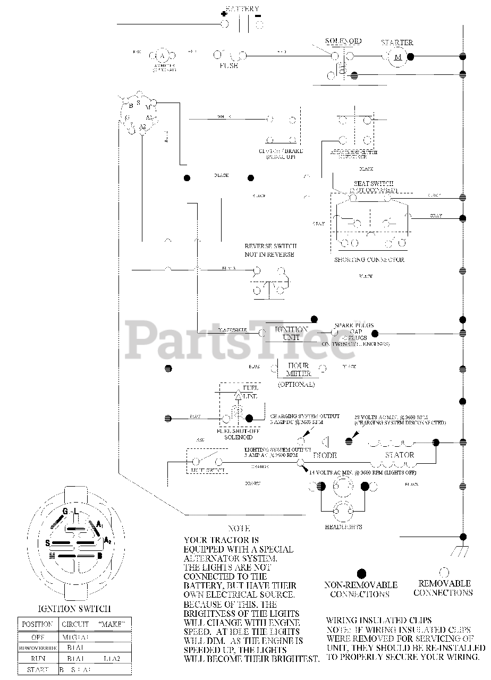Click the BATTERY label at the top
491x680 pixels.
click(x=243, y=9)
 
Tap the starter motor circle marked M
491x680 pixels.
click(x=396, y=56)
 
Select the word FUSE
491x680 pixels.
click(x=229, y=66)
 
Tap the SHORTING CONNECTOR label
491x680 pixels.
click(x=369, y=260)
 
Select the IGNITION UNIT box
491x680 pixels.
click(x=291, y=333)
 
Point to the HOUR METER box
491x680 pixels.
click(x=298, y=369)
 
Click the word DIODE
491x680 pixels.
click(x=325, y=455)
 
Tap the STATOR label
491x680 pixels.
click(x=400, y=455)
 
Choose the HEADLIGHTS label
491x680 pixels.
click(x=343, y=526)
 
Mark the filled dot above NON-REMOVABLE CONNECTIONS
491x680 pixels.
click(x=361, y=573)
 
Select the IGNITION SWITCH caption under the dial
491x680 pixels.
click(x=75, y=608)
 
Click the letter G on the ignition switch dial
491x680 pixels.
click(x=65, y=511)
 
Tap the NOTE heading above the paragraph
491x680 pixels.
click(x=239, y=529)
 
